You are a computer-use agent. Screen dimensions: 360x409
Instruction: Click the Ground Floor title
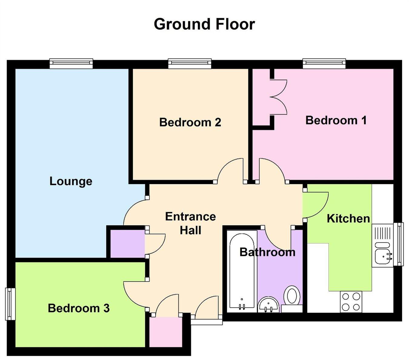204,24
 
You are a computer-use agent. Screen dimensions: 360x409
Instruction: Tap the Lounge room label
71,181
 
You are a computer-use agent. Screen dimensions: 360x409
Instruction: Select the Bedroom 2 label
190,122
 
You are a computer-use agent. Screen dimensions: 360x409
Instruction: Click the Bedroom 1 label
336,120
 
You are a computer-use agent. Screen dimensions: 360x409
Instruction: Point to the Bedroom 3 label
79,308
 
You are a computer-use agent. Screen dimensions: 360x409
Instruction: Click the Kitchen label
348,218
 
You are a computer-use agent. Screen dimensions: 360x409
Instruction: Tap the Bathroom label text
267,252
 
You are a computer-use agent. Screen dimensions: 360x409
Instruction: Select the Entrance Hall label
190,223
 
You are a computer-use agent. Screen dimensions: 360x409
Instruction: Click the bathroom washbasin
268,304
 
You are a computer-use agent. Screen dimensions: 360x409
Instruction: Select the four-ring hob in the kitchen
351,302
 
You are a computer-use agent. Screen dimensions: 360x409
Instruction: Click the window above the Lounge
71,63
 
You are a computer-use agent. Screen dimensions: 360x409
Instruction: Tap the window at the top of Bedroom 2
190,63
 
